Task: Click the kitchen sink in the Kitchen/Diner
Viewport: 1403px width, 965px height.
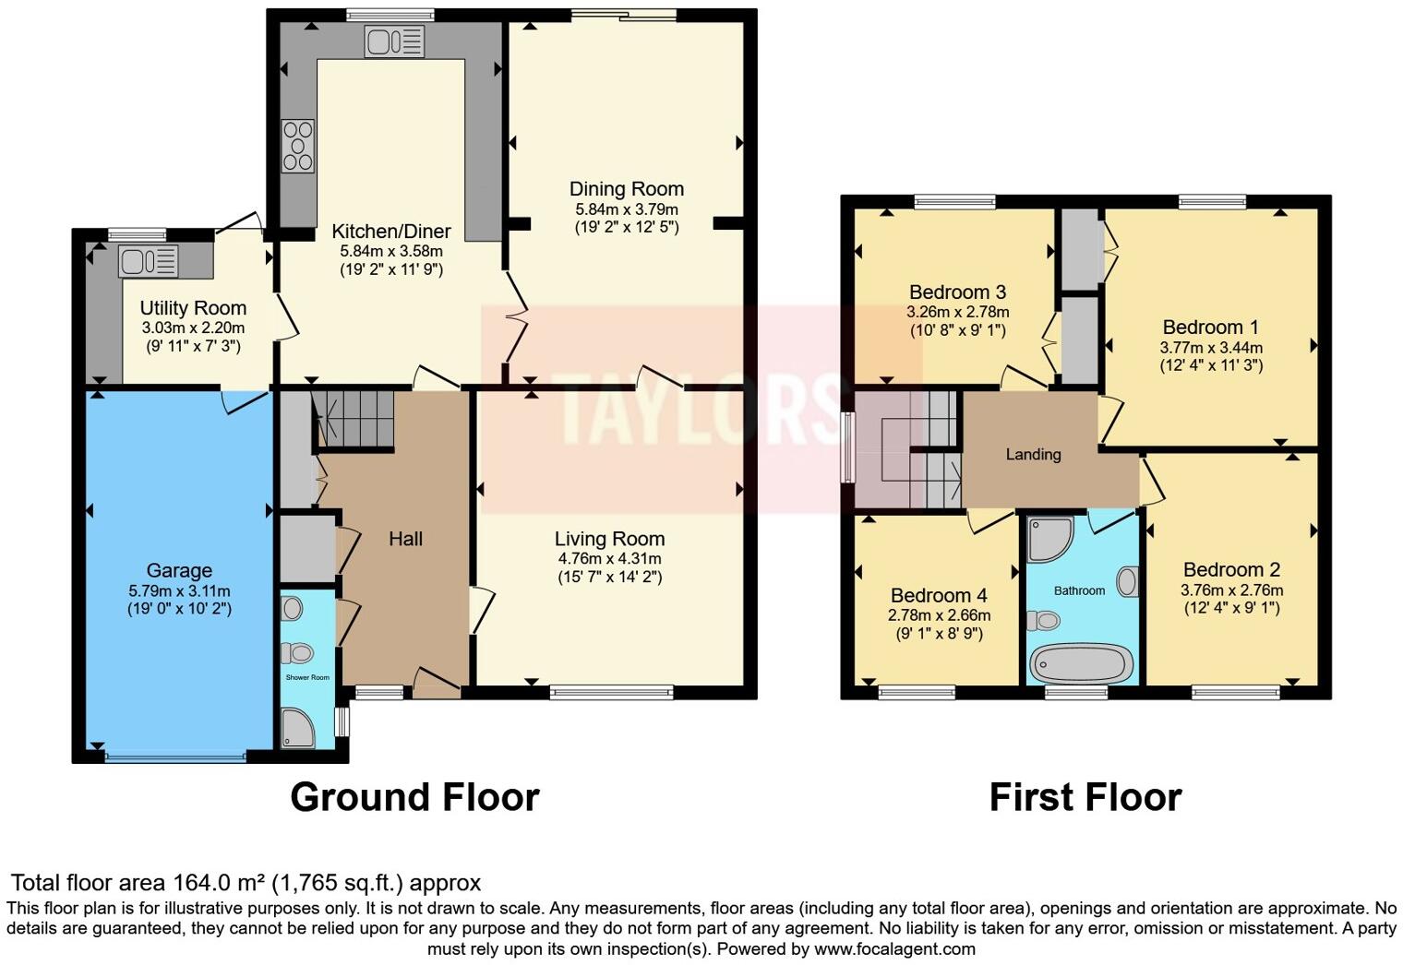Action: pos(394,42)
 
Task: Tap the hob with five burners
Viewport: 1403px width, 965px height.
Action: pos(298,146)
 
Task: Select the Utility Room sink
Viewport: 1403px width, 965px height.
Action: pos(148,261)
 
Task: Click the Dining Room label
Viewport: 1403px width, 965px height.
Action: pos(626,189)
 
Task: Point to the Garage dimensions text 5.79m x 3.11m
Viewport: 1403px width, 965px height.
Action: pos(179,590)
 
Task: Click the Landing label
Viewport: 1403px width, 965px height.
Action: pos(1033,454)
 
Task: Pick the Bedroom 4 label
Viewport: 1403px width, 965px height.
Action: pos(931,596)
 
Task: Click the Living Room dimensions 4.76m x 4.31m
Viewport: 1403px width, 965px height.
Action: pos(609,559)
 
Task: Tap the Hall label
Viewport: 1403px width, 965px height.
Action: pos(405,539)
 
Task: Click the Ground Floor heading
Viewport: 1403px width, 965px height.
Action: pos(414,797)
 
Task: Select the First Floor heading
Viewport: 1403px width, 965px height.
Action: pos(1085,797)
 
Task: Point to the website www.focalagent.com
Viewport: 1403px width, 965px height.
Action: pos(893,948)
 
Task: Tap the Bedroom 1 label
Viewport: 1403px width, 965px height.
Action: pos(1210,328)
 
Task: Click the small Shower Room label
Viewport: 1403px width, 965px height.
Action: pos(307,677)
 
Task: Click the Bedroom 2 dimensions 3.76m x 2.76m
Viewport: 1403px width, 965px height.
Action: pos(1231,590)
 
